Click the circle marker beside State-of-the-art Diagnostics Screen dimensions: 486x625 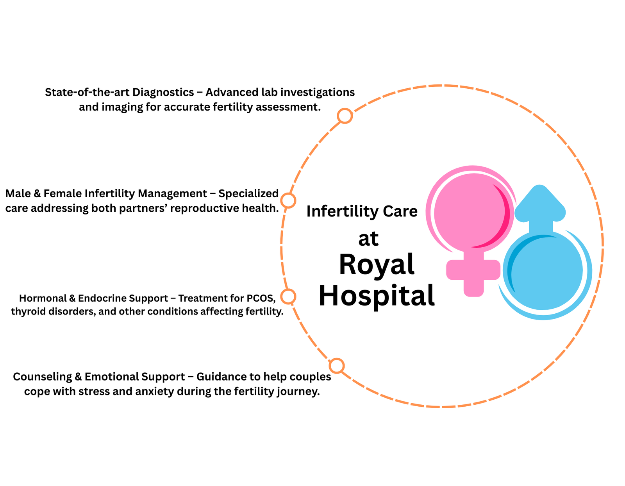(345, 116)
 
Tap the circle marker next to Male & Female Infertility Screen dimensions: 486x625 (288, 200)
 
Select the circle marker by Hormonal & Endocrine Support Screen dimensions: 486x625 (288, 297)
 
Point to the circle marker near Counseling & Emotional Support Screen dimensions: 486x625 (336, 366)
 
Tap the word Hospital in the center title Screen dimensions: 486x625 (377, 296)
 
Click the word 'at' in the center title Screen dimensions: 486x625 (368, 239)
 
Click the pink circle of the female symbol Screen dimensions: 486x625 (469, 213)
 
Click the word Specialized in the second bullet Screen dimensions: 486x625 (248, 193)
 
